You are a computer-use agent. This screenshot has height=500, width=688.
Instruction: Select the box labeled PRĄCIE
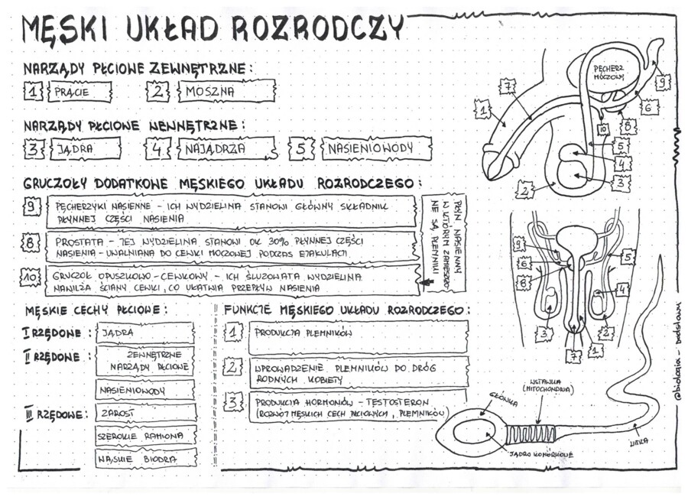coord(80,93)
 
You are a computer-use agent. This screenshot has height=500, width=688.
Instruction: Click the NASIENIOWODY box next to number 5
coord(375,148)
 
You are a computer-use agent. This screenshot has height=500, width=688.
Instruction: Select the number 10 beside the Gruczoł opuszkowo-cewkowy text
coord(30,279)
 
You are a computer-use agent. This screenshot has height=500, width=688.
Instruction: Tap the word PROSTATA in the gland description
coord(80,241)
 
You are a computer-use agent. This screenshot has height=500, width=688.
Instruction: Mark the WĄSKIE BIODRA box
coord(145,459)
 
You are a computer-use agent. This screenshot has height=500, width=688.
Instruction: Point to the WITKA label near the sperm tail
coord(638,443)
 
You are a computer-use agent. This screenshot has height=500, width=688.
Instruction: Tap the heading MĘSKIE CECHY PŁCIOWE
coord(96,310)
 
